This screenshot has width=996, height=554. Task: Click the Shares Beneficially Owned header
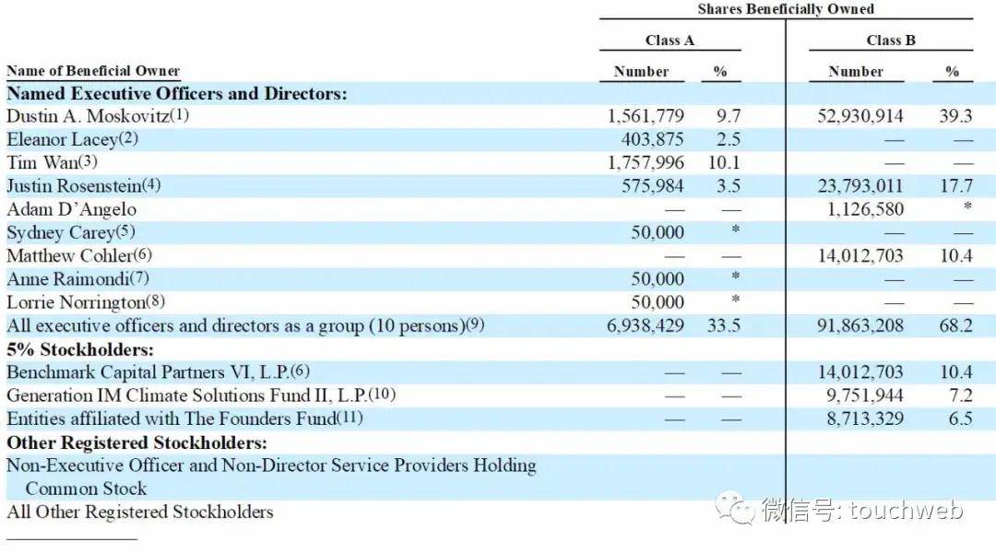tap(785, 9)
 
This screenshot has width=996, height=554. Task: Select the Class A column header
tap(670, 41)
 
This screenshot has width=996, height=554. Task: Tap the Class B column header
tap(890, 41)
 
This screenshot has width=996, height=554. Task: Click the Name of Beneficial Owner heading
tap(93, 71)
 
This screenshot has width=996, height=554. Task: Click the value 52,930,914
tap(860, 116)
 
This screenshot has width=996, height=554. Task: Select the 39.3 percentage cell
tap(956, 116)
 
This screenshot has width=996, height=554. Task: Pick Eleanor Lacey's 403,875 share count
tap(653, 139)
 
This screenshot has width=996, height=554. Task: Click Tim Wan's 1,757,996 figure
tap(646, 163)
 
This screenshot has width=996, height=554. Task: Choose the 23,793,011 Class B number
tap(860, 186)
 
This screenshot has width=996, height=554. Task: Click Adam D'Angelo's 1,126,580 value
tap(866, 209)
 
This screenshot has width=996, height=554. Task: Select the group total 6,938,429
tap(646, 325)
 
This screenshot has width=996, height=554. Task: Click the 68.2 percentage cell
tap(956, 325)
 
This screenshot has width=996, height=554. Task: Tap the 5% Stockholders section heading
tap(80, 349)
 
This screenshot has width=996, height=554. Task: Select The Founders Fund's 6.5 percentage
tap(961, 418)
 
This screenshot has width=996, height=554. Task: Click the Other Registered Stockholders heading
tap(136, 442)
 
